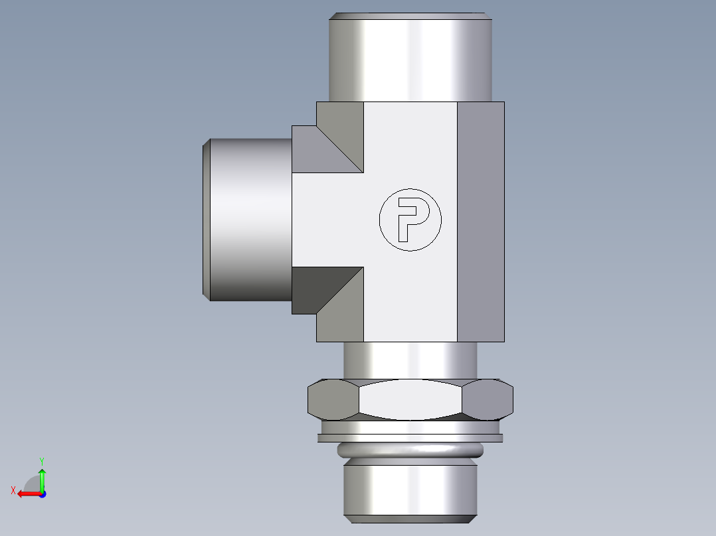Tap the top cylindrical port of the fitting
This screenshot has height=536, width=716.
click(x=410, y=60)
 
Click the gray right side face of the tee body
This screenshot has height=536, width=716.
click(x=481, y=222)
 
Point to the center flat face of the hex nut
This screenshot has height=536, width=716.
click(x=410, y=400)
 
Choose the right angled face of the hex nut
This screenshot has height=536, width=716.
click(x=488, y=400)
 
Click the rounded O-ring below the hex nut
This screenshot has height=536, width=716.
click(x=410, y=452)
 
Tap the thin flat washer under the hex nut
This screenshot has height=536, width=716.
click(x=410, y=438)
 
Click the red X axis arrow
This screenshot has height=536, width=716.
click(x=27, y=494)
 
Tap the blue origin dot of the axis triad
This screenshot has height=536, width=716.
click(x=42, y=494)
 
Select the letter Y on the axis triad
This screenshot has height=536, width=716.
click(x=42, y=460)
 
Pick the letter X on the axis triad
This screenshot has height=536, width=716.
click(x=13, y=490)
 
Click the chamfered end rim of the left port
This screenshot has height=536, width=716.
click(x=207, y=219)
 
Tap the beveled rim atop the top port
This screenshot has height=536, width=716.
click(x=410, y=16)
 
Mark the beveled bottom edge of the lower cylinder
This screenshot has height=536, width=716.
click(x=410, y=517)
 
